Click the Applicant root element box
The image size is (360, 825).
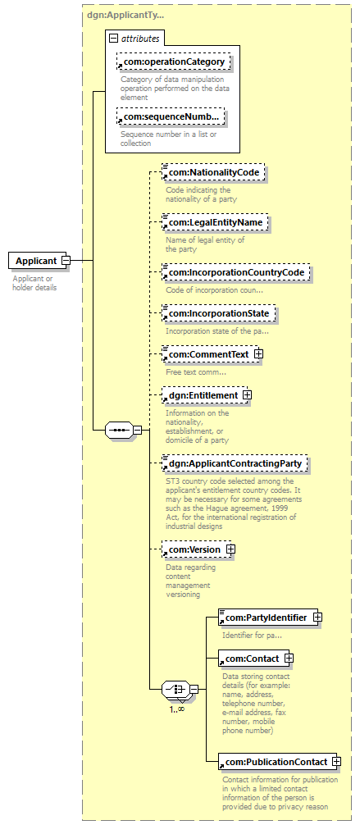(x=38, y=261)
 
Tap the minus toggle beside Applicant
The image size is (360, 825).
(x=66, y=261)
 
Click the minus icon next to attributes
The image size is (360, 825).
(x=114, y=38)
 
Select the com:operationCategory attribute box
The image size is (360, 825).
(x=174, y=62)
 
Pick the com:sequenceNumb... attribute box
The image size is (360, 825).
(x=171, y=116)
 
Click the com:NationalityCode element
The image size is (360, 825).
(x=213, y=172)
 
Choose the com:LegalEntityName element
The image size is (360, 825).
(x=216, y=222)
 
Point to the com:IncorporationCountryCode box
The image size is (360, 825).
(x=236, y=272)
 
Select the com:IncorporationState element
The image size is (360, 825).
(x=219, y=313)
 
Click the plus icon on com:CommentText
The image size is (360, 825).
(x=257, y=354)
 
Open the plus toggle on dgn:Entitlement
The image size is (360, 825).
(x=248, y=394)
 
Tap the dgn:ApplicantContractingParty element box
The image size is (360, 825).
(x=235, y=463)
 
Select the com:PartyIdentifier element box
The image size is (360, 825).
(x=268, y=618)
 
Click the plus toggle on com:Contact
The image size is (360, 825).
(x=289, y=658)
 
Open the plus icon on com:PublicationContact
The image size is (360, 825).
(x=336, y=761)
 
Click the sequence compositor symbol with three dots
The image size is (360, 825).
(x=118, y=430)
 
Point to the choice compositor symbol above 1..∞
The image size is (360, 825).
(x=175, y=688)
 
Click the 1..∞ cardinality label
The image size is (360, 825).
(x=177, y=709)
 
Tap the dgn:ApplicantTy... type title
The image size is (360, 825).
(x=125, y=15)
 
